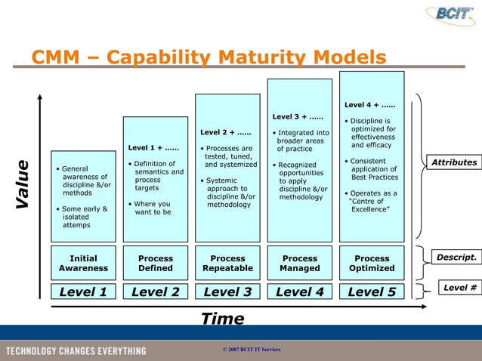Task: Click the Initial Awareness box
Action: pyautogui.click(x=83, y=263)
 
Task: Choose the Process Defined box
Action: pyautogui.click(x=156, y=263)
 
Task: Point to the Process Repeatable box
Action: pyautogui.click(x=227, y=263)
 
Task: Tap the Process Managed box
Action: pyautogui.click(x=299, y=263)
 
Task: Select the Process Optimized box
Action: pyautogui.click(x=372, y=263)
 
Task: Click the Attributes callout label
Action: pyautogui.click(x=453, y=162)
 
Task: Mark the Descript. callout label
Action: pyautogui.click(x=456, y=258)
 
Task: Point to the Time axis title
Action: pyautogui.click(x=223, y=319)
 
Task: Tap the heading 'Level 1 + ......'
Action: pyautogui.click(x=153, y=147)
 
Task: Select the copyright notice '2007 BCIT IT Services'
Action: pyautogui.click(x=248, y=350)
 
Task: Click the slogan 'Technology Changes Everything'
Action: pyautogui.click(x=76, y=350)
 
